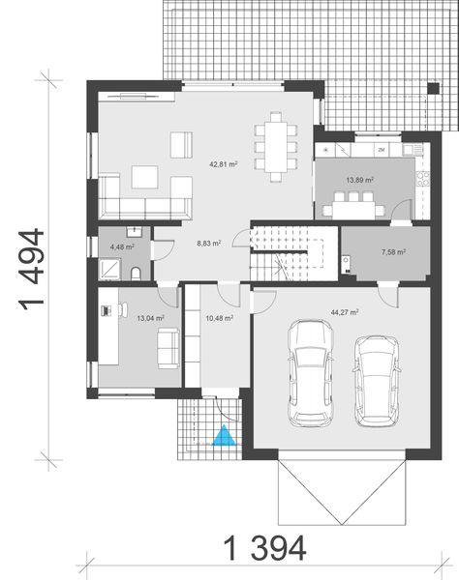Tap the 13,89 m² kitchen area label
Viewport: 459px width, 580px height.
pos(360,180)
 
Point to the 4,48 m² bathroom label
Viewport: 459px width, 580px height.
pos(121,246)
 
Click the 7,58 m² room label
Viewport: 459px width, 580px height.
pos(392,252)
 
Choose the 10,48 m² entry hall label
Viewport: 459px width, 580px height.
pos(218,316)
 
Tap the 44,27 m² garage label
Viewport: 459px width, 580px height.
pos(345,312)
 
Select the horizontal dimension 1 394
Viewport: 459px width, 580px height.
pos(265,548)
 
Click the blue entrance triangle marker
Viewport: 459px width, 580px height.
pos(225,437)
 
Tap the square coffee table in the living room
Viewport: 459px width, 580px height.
pos(145,178)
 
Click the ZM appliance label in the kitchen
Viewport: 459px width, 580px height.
pos(382,151)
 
